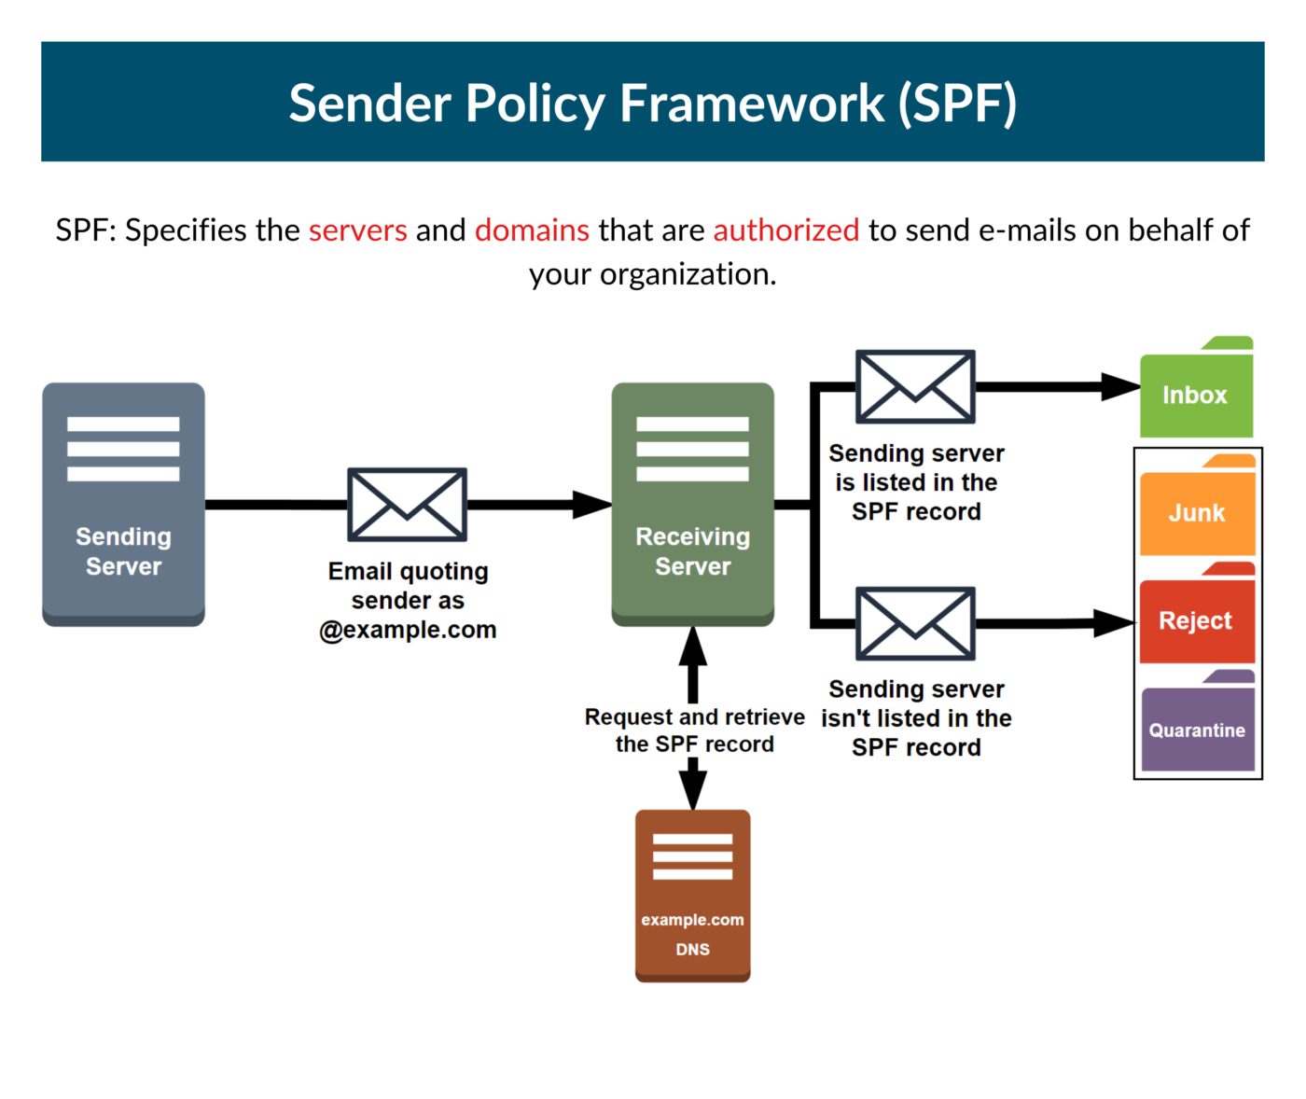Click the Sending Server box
(x=123, y=504)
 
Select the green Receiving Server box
(x=692, y=504)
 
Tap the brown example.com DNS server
(x=692, y=896)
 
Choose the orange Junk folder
(x=1197, y=511)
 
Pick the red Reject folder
(x=1196, y=619)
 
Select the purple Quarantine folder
(x=1197, y=729)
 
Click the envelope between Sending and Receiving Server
(x=407, y=505)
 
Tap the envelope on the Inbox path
(x=915, y=386)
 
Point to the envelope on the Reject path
(x=915, y=623)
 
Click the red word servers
(x=358, y=230)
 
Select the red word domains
(x=532, y=230)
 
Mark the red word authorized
(x=785, y=230)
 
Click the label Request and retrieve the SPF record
(x=694, y=730)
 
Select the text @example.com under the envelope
(x=408, y=630)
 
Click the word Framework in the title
(x=752, y=103)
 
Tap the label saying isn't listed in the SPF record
(x=916, y=718)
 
